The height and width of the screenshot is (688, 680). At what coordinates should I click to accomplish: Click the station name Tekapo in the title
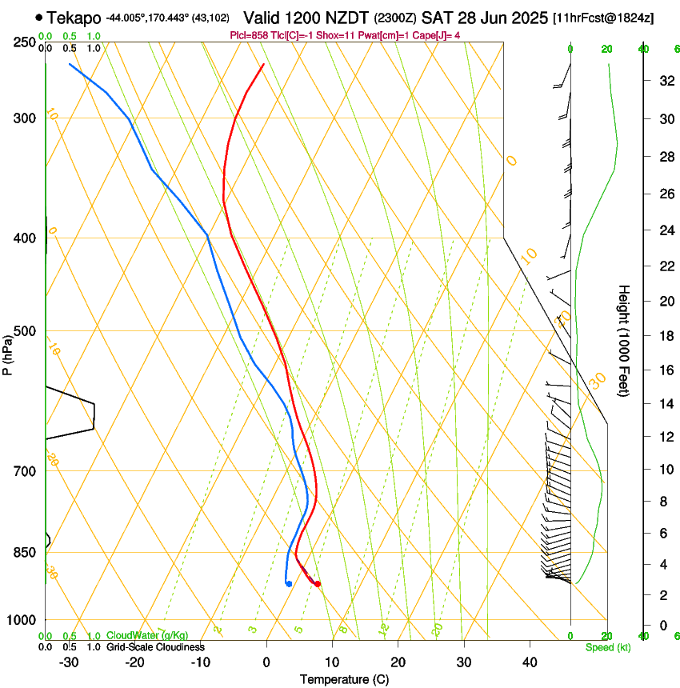click(x=74, y=17)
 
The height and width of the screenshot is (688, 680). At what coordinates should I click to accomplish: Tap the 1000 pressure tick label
click(x=21, y=620)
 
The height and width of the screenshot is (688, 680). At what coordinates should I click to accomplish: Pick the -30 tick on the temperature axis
click(x=69, y=662)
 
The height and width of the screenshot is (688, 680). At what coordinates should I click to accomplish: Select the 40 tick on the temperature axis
click(x=529, y=662)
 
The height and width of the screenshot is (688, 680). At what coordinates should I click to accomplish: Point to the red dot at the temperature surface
click(x=318, y=584)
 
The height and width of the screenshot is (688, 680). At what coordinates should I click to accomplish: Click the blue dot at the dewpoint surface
click(x=288, y=584)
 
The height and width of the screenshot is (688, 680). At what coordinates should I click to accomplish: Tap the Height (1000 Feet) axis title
click(x=624, y=340)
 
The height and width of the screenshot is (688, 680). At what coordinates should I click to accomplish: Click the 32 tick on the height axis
click(x=664, y=81)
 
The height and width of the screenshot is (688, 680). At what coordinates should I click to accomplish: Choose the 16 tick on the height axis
click(x=664, y=370)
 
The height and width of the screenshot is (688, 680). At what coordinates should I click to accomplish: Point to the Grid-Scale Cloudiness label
click(x=155, y=647)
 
